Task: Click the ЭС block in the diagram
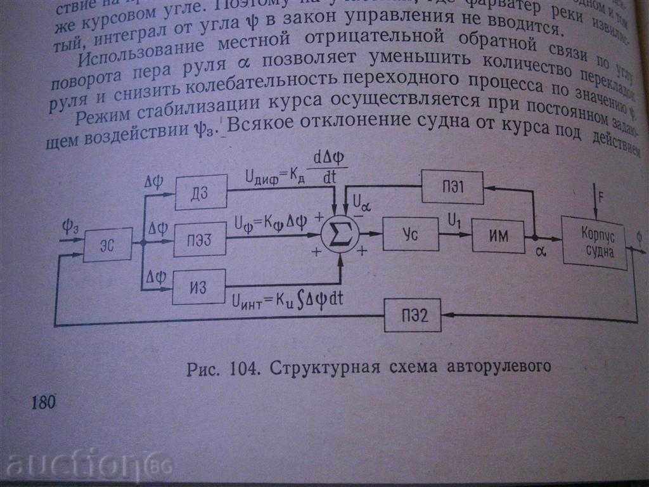point(107,243)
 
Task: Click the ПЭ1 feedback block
point(453,187)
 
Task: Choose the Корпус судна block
point(594,243)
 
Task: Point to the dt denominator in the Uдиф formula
point(330,180)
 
